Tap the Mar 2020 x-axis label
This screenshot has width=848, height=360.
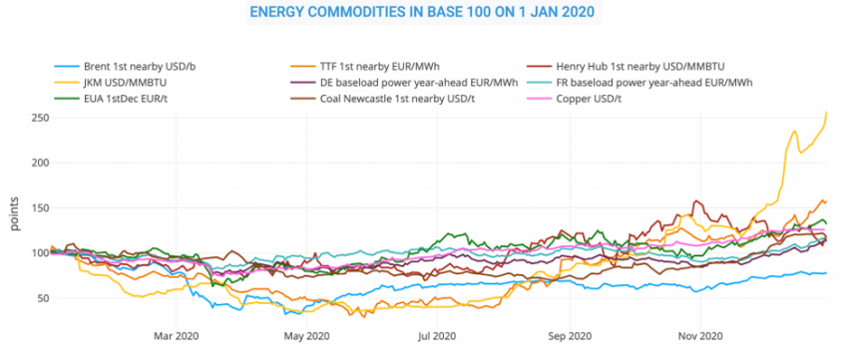(x=176, y=335)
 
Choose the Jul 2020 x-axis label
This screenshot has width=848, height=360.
(x=437, y=335)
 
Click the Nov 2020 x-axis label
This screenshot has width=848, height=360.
(x=700, y=335)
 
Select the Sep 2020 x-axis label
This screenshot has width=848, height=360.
(x=570, y=335)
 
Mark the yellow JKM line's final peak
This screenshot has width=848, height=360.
(x=827, y=113)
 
